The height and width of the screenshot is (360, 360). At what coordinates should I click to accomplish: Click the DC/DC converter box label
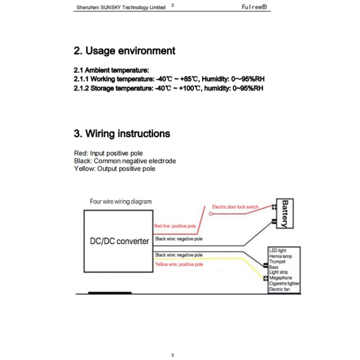120,241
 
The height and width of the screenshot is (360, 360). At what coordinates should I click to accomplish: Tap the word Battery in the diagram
285,213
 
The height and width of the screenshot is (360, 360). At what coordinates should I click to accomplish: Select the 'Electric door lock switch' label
235,207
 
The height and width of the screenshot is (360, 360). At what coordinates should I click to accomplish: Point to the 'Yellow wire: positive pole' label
179,264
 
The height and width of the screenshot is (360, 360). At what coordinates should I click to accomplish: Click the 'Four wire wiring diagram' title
120,202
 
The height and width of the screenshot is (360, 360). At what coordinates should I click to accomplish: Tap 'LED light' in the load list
278,251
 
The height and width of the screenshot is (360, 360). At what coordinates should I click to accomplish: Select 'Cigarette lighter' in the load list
284,284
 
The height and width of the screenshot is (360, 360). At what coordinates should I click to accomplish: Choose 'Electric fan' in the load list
280,289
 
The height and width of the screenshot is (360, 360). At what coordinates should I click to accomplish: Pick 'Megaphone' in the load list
280,278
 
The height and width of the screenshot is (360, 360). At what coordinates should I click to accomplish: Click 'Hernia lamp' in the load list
281,257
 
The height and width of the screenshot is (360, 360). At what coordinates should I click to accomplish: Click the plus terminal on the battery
274,207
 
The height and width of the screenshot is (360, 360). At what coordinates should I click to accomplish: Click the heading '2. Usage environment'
124,51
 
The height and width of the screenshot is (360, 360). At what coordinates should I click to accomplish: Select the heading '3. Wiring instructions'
122,133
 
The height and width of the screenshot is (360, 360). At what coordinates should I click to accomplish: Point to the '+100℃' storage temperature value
189,88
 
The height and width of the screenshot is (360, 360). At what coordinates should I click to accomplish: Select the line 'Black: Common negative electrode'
125,161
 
